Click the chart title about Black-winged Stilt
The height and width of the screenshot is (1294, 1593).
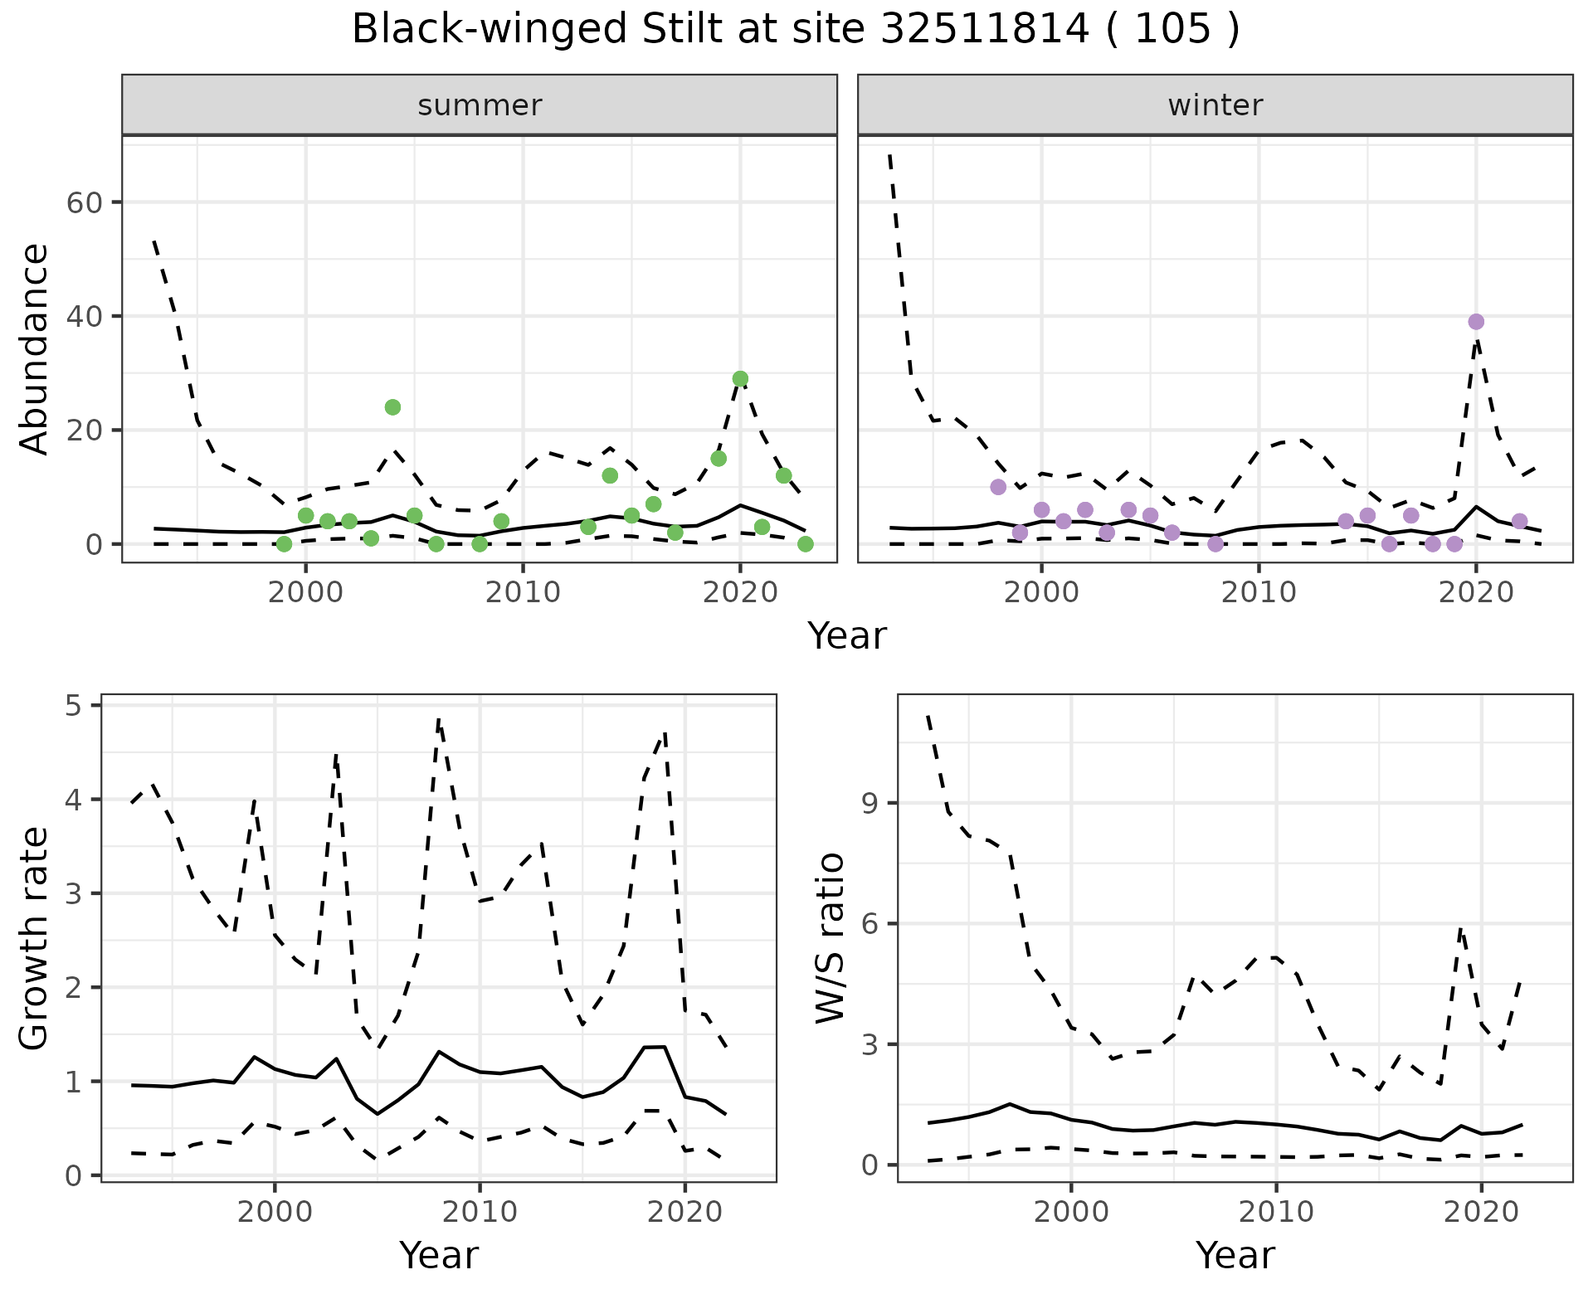tap(796, 30)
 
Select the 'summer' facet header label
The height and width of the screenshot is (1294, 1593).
tap(480, 105)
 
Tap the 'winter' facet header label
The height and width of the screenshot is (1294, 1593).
tap(1215, 105)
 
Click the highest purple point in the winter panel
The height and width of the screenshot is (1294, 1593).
tap(1476, 322)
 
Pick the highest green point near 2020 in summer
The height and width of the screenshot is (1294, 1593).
tap(740, 379)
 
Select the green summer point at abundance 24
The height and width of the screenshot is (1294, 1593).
tap(392, 407)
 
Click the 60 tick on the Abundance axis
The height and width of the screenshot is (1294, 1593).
tap(92, 202)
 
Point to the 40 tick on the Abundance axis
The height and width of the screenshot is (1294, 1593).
tap(92, 316)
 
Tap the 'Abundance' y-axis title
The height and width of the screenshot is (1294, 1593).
tap(35, 348)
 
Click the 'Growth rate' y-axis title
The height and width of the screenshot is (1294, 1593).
tap(35, 939)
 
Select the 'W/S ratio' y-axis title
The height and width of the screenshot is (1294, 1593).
tap(830, 937)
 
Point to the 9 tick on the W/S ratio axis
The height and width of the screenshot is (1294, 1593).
tap(870, 803)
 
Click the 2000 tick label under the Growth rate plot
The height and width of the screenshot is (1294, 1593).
tap(275, 1212)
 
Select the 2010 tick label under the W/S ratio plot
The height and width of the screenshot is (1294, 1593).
tap(1276, 1212)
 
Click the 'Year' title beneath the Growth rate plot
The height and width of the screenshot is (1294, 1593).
tap(439, 1255)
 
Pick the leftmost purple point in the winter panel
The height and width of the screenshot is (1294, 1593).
tap(998, 487)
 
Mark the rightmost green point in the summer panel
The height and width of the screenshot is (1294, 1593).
tap(805, 544)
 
